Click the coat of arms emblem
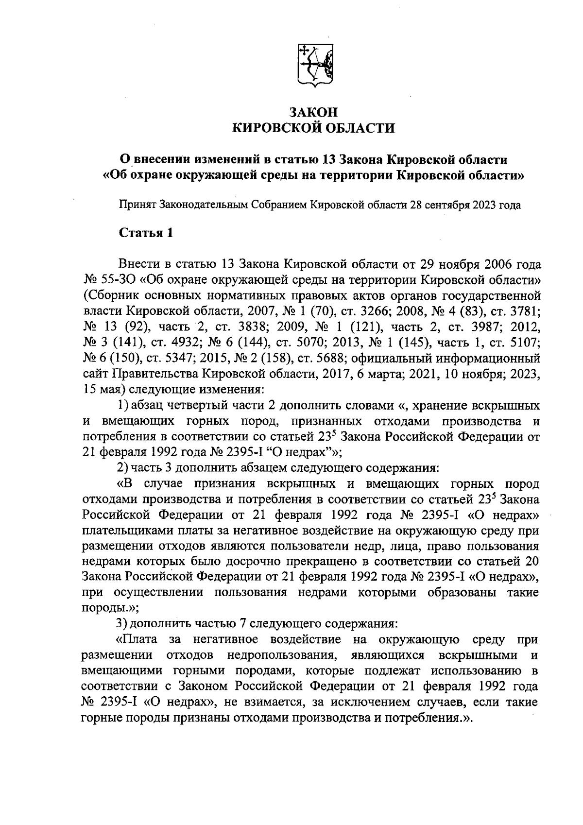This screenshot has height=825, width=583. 314,66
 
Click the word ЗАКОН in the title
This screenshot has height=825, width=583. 313,112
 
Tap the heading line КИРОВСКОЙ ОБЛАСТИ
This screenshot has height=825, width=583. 313,128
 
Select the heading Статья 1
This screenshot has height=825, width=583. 146,233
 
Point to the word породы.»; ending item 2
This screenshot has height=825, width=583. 111,607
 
